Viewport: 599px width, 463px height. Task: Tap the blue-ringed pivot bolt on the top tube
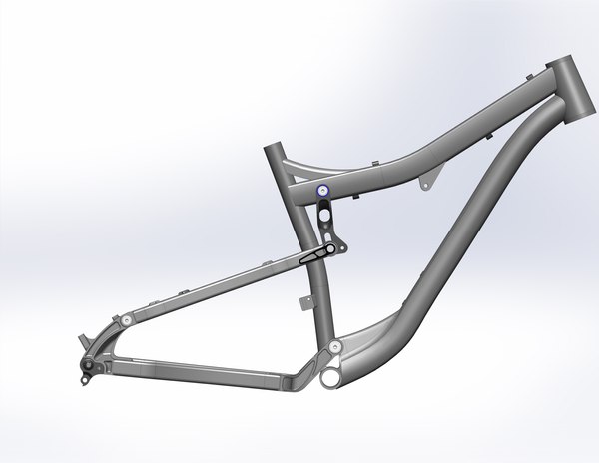[321, 190]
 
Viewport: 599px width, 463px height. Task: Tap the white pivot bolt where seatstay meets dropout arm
[127, 319]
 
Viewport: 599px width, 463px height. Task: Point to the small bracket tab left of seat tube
[303, 300]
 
